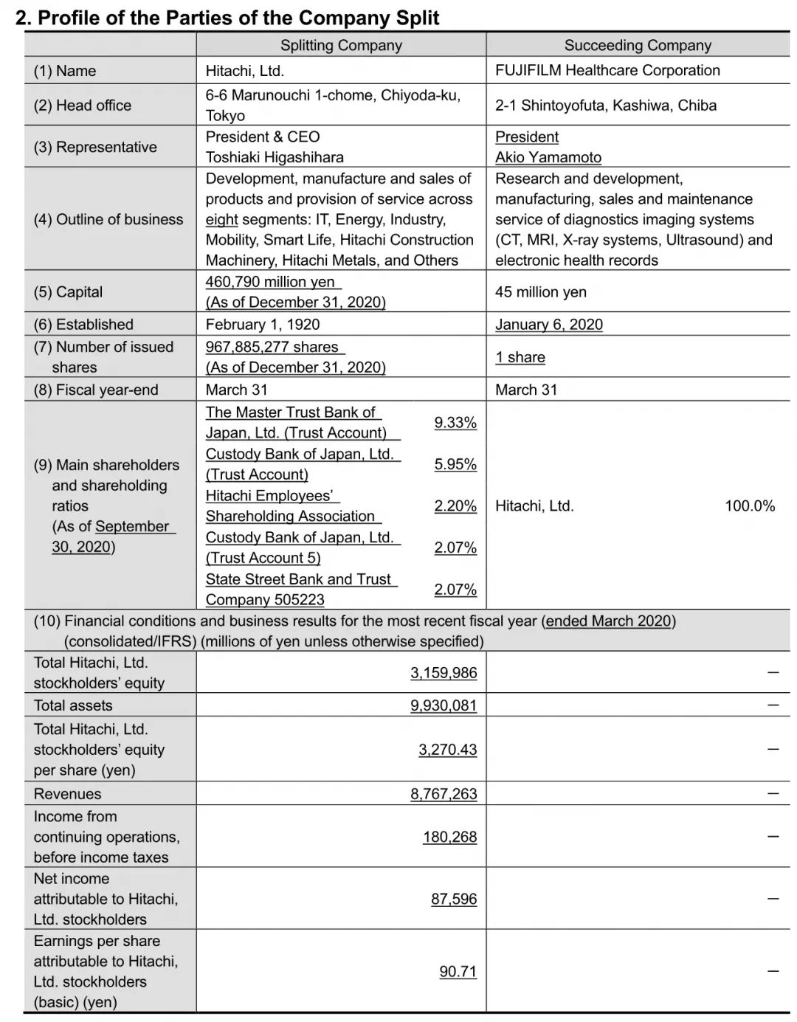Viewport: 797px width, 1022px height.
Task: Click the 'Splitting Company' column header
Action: tap(341, 46)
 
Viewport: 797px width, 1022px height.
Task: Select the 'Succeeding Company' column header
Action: tap(638, 46)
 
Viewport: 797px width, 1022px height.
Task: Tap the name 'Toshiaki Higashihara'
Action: tap(275, 157)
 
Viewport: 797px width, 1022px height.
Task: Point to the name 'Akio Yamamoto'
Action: tap(548, 157)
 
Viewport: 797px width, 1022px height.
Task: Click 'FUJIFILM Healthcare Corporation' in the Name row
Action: tap(607, 71)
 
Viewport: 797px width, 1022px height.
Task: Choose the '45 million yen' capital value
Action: tap(541, 292)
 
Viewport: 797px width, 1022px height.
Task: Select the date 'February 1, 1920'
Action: tap(263, 325)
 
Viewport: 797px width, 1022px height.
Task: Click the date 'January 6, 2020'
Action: tap(549, 325)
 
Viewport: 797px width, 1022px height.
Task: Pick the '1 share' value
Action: tap(520, 357)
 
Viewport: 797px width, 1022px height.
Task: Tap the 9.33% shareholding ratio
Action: tap(455, 423)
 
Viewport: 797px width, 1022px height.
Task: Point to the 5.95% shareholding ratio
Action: tap(455, 464)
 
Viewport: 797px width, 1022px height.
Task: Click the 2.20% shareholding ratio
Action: tap(455, 506)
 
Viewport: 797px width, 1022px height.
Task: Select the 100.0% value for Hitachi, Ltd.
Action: tap(750, 506)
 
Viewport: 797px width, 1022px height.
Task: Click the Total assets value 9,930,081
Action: tap(444, 705)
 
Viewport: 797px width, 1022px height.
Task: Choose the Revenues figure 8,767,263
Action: tap(444, 794)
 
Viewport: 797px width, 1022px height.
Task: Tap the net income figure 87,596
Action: tap(454, 899)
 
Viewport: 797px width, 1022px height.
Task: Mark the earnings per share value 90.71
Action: tap(458, 972)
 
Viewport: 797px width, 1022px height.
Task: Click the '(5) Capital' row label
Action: tap(69, 292)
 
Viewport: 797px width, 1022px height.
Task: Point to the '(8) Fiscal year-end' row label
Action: tap(96, 390)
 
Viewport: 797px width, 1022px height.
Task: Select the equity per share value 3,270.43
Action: tap(448, 750)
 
